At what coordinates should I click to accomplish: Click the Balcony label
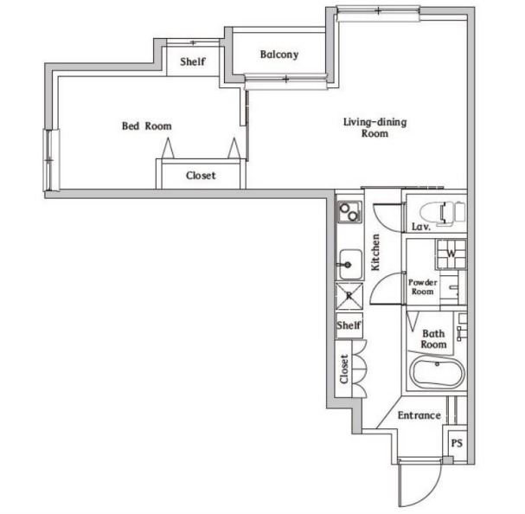[279, 55]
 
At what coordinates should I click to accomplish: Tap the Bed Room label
[147, 126]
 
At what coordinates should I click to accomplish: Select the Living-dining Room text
[375, 127]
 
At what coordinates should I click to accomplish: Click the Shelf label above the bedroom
[193, 61]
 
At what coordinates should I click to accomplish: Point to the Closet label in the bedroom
[201, 176]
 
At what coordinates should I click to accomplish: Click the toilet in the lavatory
[442, 212]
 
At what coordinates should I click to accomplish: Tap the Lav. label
[421, 227]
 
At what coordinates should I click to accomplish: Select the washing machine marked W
[451, 254]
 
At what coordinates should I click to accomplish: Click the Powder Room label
[423, 286]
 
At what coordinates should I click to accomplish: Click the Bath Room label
[433, 338]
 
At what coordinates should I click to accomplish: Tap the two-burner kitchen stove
[349, 212]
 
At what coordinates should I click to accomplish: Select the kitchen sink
[349, 264]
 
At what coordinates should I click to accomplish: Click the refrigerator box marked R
[349, 296]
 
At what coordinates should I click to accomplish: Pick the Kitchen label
[375, 253]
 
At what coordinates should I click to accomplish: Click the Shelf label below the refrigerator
[349, 325]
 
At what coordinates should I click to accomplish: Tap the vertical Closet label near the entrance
[344, 369]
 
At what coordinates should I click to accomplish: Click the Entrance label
[419, 415]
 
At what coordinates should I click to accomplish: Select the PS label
[457, 443]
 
